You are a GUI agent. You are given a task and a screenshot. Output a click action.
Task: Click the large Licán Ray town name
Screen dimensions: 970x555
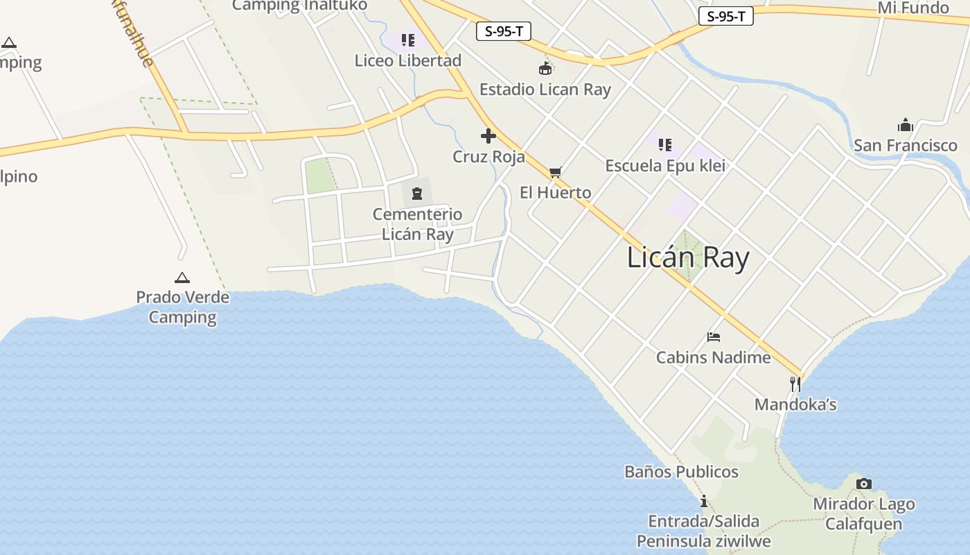tap(688, 257)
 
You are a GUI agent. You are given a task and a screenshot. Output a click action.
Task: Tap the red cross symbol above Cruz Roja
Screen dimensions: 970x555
tap(488, 136)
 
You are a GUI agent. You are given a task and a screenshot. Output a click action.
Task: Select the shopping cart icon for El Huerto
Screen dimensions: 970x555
tap(555, 172)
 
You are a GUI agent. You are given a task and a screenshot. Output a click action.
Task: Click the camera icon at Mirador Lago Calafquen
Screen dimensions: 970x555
tap(863, 484)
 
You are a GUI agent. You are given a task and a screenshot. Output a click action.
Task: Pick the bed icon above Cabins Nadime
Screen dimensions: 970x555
tap(714, 337)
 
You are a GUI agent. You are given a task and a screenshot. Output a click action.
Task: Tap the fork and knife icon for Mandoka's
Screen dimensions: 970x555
tap(795, 384)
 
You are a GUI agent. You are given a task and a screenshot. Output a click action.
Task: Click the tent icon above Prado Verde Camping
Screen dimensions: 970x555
tap(182, 277)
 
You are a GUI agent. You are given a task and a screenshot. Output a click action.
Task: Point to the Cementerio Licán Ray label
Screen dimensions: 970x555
tap(417, 224)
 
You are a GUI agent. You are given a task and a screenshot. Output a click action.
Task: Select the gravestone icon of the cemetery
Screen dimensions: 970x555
tap(417, 193)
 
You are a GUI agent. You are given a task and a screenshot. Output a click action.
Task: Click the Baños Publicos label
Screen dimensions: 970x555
tap(681, 472)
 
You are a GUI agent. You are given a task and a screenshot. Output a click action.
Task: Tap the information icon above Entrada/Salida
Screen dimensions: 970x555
tap(703, 501)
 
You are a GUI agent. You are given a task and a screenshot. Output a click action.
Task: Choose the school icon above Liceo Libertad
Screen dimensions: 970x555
tap(408, 40)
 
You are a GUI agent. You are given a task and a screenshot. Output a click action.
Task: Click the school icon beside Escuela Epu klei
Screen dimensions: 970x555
tap(665, 145)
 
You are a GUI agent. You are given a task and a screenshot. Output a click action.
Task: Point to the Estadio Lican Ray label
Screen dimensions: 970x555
tap(545, 89)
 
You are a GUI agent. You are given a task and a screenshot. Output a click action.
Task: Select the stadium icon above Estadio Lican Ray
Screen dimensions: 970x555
tap(545, 69)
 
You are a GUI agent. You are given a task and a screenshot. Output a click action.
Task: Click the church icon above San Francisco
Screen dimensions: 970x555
tap(905, 126)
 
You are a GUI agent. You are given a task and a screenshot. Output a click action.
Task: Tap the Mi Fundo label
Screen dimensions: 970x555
tap(913, 8)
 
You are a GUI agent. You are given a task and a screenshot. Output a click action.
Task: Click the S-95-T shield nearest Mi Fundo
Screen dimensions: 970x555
tap(725, 17)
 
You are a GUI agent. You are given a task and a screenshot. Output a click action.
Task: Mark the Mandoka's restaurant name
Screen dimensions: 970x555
tap(795, 404)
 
